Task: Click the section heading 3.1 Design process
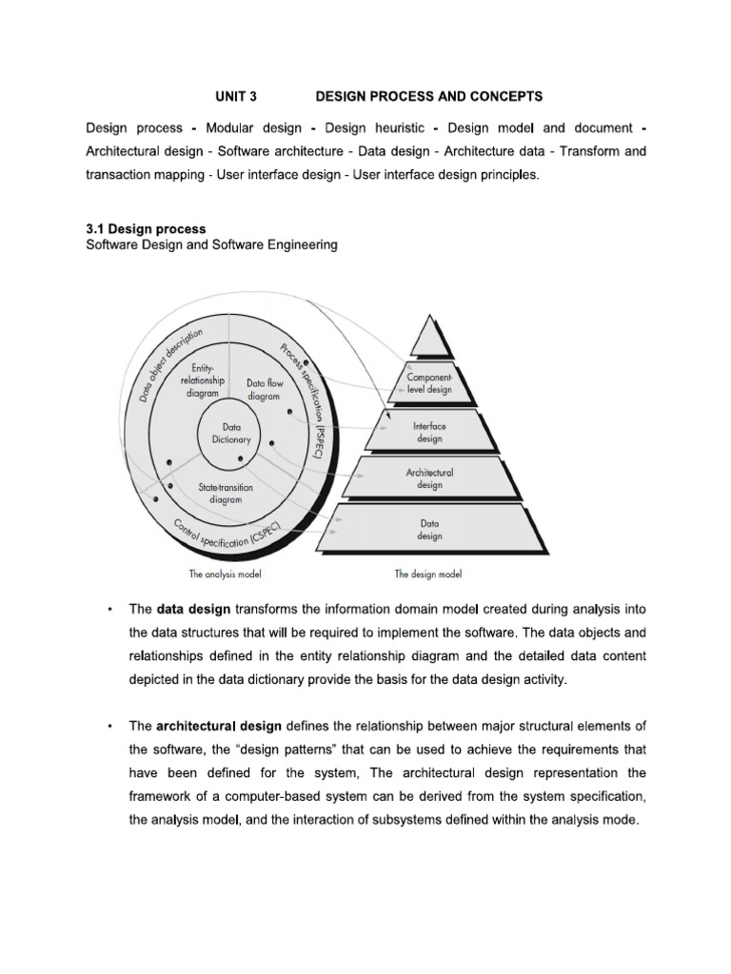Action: pyautogui.click(x=146, y=229)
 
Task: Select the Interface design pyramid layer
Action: pyautogui.click(x=429, y=433)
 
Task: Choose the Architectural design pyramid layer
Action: pyautogui.click(x=429, y=478)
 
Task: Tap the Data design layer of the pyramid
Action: pyautogui.click(x=429, y=529)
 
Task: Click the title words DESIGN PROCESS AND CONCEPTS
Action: pyautogui.click(x=428, y=97)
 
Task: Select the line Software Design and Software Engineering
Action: pyautogui.click(x=211, y=245)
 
